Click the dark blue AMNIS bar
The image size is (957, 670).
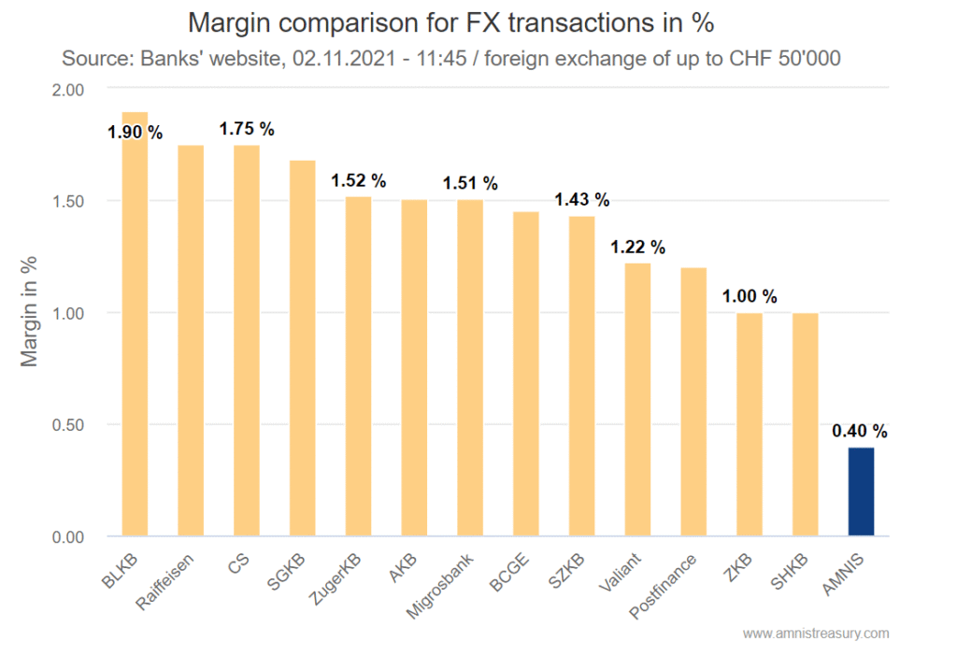(861, 492)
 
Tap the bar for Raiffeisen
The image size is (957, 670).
(191, 341)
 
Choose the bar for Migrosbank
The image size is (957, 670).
(470, 368)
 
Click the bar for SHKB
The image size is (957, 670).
(805, 424)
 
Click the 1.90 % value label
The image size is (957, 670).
(135, 132)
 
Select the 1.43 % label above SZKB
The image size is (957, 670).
(581, 200)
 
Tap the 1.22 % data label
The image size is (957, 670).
(637, 247)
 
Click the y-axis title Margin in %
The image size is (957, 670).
(30, 313)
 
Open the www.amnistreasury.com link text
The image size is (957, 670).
(816, 634)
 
